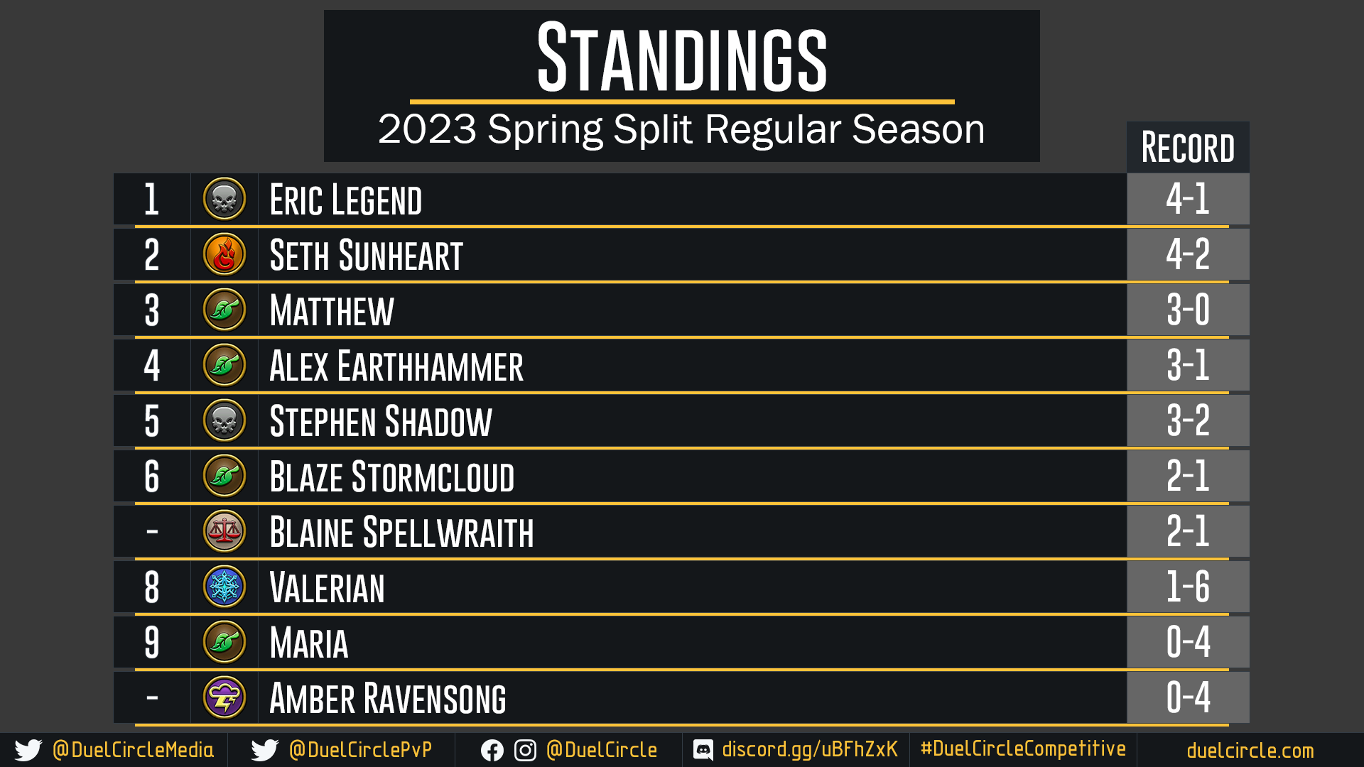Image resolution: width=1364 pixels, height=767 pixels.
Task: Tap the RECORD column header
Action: pyautogui.click(x=1188, y=148)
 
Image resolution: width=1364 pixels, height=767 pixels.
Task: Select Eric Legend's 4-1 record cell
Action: pyautogui.click(x=1188, y=199)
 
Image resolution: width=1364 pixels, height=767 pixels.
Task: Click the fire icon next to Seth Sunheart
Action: pyautogui.click(x=224, y=254)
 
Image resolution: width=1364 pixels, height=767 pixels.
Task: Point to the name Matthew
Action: pyautogui.click(x=332, y=310)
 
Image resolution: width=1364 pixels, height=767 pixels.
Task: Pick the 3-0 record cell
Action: pyautogui.click(x=1188, y=310)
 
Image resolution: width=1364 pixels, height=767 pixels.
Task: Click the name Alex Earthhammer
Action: pyautogui.click(x=396, y=366)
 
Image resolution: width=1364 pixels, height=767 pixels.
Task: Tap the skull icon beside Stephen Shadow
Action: pyautogui.click(x=224, y=420)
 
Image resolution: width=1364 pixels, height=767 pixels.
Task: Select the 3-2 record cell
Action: pyautogui.click(x=1188, y=420)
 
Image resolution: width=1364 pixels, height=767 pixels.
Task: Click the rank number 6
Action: pyautogui.click(x=151, y=477)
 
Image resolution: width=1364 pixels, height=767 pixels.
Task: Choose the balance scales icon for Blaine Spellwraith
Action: pyautogui.click(x=224, y=531)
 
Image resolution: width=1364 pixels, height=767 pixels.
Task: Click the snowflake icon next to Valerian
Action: pyautogui.click(x=224, y=587)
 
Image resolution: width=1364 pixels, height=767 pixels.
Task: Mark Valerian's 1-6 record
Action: pyautogui.click(x=1188, y=587)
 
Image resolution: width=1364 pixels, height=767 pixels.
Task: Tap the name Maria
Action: pyautogui.click(x=309, y=643)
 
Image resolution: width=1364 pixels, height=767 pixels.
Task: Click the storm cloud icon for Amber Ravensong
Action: pyautogui.click(x=224, y=697)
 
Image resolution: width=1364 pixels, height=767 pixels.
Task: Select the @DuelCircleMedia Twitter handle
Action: pyautogui.click(x=133, y=750)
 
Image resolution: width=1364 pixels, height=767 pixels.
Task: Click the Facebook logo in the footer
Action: pyautogui.click(x=492, y=751)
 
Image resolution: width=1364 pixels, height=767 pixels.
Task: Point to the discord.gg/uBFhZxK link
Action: pyautogui.click(x=810, y=750)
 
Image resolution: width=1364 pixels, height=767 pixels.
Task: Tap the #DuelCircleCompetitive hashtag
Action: pyautogui.click(x=1023, y=749)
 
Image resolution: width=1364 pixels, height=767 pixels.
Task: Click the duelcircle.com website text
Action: pyautogui.click(x=1250, y=751)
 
